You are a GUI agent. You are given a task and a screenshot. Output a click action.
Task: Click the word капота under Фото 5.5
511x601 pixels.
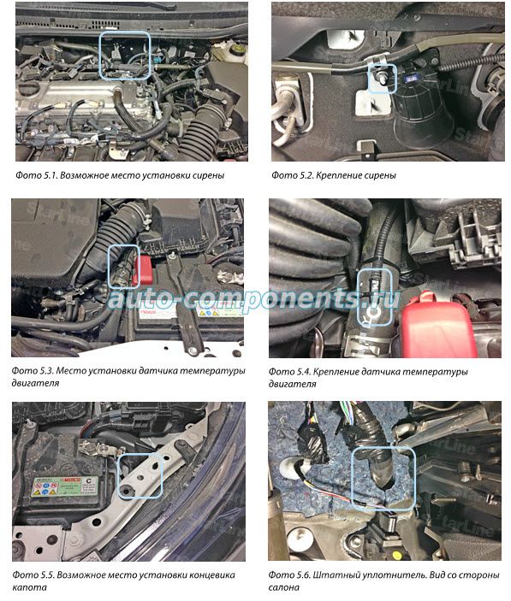(x=30, y=587)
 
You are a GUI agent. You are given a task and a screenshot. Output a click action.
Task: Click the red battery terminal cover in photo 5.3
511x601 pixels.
(x=142, y=271)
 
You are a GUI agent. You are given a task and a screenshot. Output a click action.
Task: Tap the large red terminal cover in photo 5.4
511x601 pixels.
(x=438, y=325)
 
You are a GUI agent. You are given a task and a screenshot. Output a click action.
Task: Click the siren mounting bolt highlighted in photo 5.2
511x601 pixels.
(x=382, y=78)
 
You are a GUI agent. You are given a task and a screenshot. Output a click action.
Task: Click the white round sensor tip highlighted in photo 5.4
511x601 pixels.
(x=373, y=313)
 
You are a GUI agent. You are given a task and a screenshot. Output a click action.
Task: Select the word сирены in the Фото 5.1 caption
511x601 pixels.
(x=208, y=175)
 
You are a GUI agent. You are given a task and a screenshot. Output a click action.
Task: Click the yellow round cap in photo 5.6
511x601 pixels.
(x=396, y=555)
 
